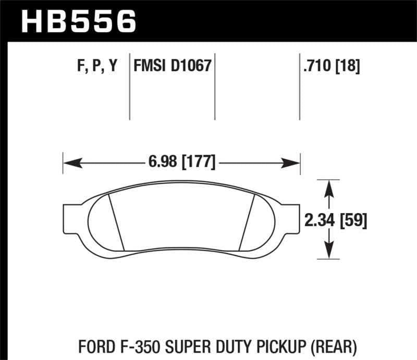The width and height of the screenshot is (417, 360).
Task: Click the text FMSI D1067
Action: (x=172, y=67)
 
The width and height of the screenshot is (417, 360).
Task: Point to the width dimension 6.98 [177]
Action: (x=180, y=162)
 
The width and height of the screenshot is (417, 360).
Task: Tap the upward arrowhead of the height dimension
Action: (x=328, y=188)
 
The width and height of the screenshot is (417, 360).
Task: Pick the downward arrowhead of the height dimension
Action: (x=328, y=250)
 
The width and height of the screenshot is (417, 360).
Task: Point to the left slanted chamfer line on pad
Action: (x=116, y=221)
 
